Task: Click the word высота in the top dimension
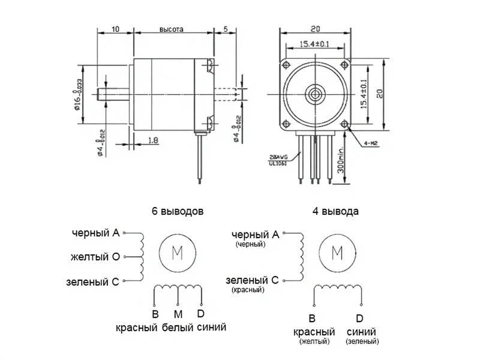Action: coord(171,29)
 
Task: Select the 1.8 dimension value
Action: coord(152,140)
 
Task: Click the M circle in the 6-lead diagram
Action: coord(178,253)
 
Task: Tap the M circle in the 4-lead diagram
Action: coord(337,253)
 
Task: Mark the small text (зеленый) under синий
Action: coord(362,341)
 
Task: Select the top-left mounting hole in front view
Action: coord(286,64)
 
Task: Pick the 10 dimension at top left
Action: coord(115,29)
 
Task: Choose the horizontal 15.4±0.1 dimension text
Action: coord(314,44)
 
